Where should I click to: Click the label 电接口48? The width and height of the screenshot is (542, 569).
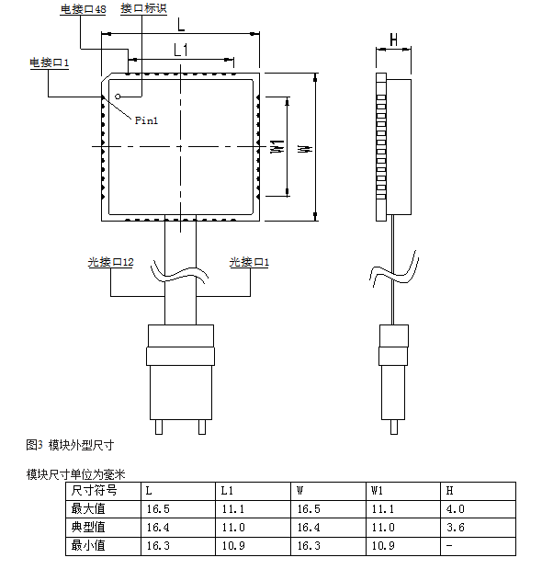[83, 9]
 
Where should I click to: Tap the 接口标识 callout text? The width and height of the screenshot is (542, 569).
[143, 8]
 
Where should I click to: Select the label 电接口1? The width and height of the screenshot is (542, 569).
[50, 63]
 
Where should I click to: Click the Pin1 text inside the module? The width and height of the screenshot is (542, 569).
[146, 120]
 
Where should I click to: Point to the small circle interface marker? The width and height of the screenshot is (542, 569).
[118, 97]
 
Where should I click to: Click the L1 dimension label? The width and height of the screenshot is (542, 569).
[181, 50]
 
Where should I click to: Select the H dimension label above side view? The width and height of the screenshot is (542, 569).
[394, 40]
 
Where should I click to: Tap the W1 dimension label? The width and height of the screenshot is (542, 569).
[277, 146]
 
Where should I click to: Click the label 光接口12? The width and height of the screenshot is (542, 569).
[110, 262]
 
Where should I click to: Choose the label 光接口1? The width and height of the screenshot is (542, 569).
[249, 262]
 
